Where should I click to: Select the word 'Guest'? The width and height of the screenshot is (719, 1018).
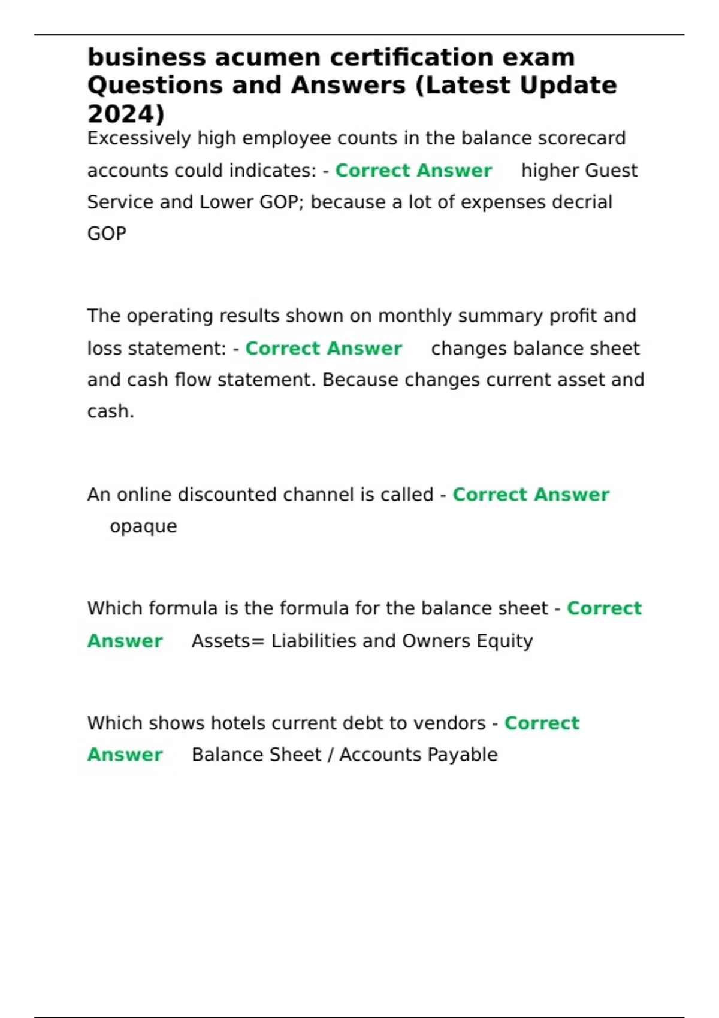tap(611, 171)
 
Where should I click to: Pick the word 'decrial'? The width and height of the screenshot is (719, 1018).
tap(581, 202)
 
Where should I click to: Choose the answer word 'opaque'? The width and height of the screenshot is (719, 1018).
tap(143, 526)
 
